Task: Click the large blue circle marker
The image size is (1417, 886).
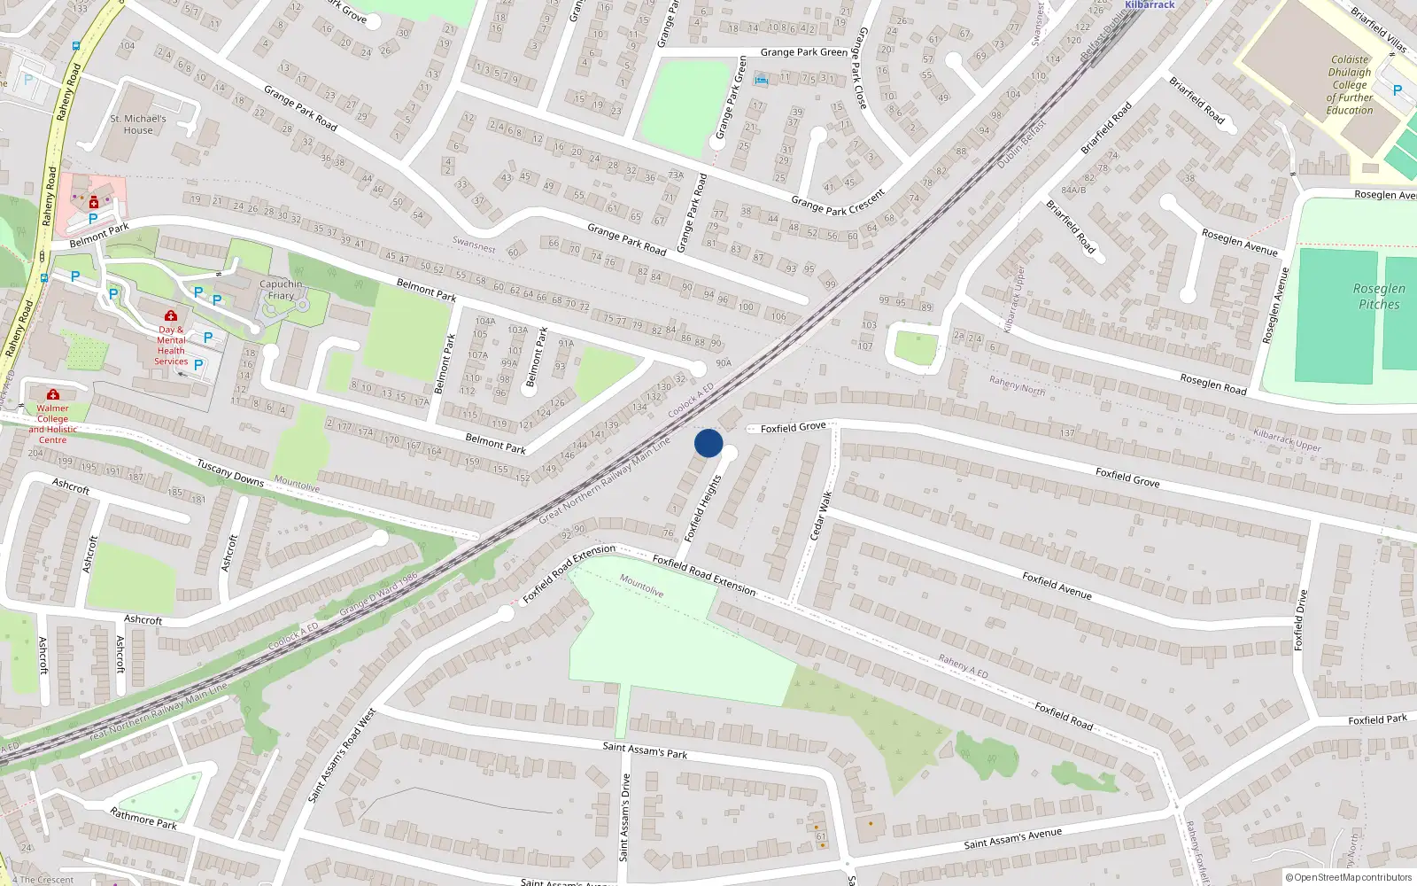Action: [x=708, y=443]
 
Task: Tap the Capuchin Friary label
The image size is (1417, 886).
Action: [x=281, y=290]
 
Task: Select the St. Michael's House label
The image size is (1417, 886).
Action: [x=138, y=124]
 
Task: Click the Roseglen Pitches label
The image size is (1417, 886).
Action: [x=1379, y=296]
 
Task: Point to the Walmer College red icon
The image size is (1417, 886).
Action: [x=53, y=394]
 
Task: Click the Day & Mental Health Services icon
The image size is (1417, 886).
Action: [x=171, y=316]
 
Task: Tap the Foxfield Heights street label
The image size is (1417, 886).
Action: [x=704, y=508]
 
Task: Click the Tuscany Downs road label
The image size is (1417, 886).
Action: [x=230, y=472]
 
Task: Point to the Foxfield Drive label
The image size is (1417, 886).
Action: [x=1300, y=620]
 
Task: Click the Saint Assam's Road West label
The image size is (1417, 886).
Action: [x=342, y=756]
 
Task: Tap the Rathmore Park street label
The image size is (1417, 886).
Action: [x=143, y=818]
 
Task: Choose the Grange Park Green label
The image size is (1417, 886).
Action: [x=803, y=52]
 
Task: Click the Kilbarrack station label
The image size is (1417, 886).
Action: [x=1150, y=4]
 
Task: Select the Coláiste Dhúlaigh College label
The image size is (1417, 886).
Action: [x=1350, y=85]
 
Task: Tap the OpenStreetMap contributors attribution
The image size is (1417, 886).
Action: [x=1348, y=878]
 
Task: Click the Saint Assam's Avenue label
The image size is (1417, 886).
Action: [x=1012, y=838]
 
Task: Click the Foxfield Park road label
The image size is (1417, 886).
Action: [x=1377, y=719]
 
